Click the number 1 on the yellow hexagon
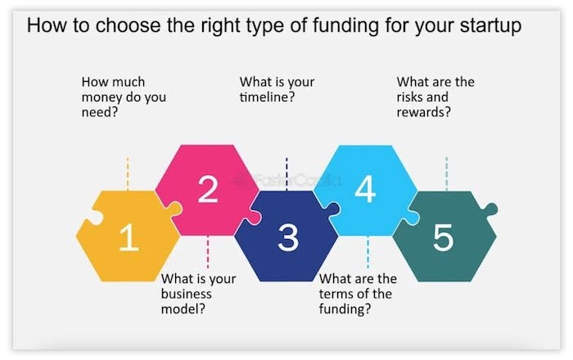click(129, 237)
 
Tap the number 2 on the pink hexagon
click(208, 189)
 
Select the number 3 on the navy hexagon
click(288, 237)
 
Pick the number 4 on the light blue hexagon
click(365, 189)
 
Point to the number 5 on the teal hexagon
click(444, 237)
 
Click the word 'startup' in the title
click(490, 26)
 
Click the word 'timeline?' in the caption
click(267, 97)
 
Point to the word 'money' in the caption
click(102, 97)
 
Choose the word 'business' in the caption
click(187, 294)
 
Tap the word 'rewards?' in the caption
click(423, 112)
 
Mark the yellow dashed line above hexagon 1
click(128, 173)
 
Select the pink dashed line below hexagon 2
click(208, 252)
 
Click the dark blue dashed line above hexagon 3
click(286, 173)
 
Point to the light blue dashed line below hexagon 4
click(368, 252)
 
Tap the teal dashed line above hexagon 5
click(447, 173)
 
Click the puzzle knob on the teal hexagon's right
click(490, 209)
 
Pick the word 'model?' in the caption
click(183, 309)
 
